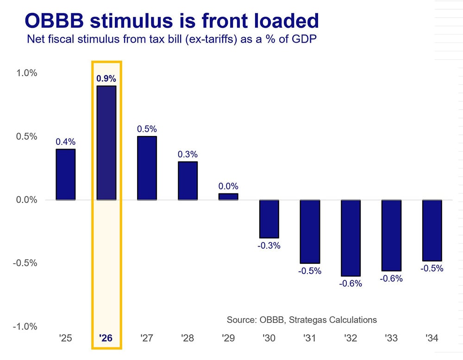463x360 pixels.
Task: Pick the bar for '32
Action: pyautogui.click(x=350, y=238)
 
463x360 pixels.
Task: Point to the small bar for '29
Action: pyautogui.click(x=229, y=197)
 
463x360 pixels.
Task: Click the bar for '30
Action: pyautogui.click(x=269, y=218)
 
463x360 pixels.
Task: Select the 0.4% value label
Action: pyautogui.click(x=65, y=142)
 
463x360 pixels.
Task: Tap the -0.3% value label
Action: pyautogui.click(x=269, y=246)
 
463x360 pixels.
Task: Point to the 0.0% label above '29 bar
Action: pyautogui.click(x=229, y=186)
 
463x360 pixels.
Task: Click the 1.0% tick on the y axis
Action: pyautogui.click(x=27, y=73)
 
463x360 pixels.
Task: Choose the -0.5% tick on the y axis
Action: pyautogui.click(x=26, y=263)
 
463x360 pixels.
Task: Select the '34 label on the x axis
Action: pyautogui.click(x=432, y=339)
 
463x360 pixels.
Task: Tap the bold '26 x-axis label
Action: pyautogui.click(x=106, y=339)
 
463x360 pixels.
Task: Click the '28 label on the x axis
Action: pyautogui.click(x=188, y=339)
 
